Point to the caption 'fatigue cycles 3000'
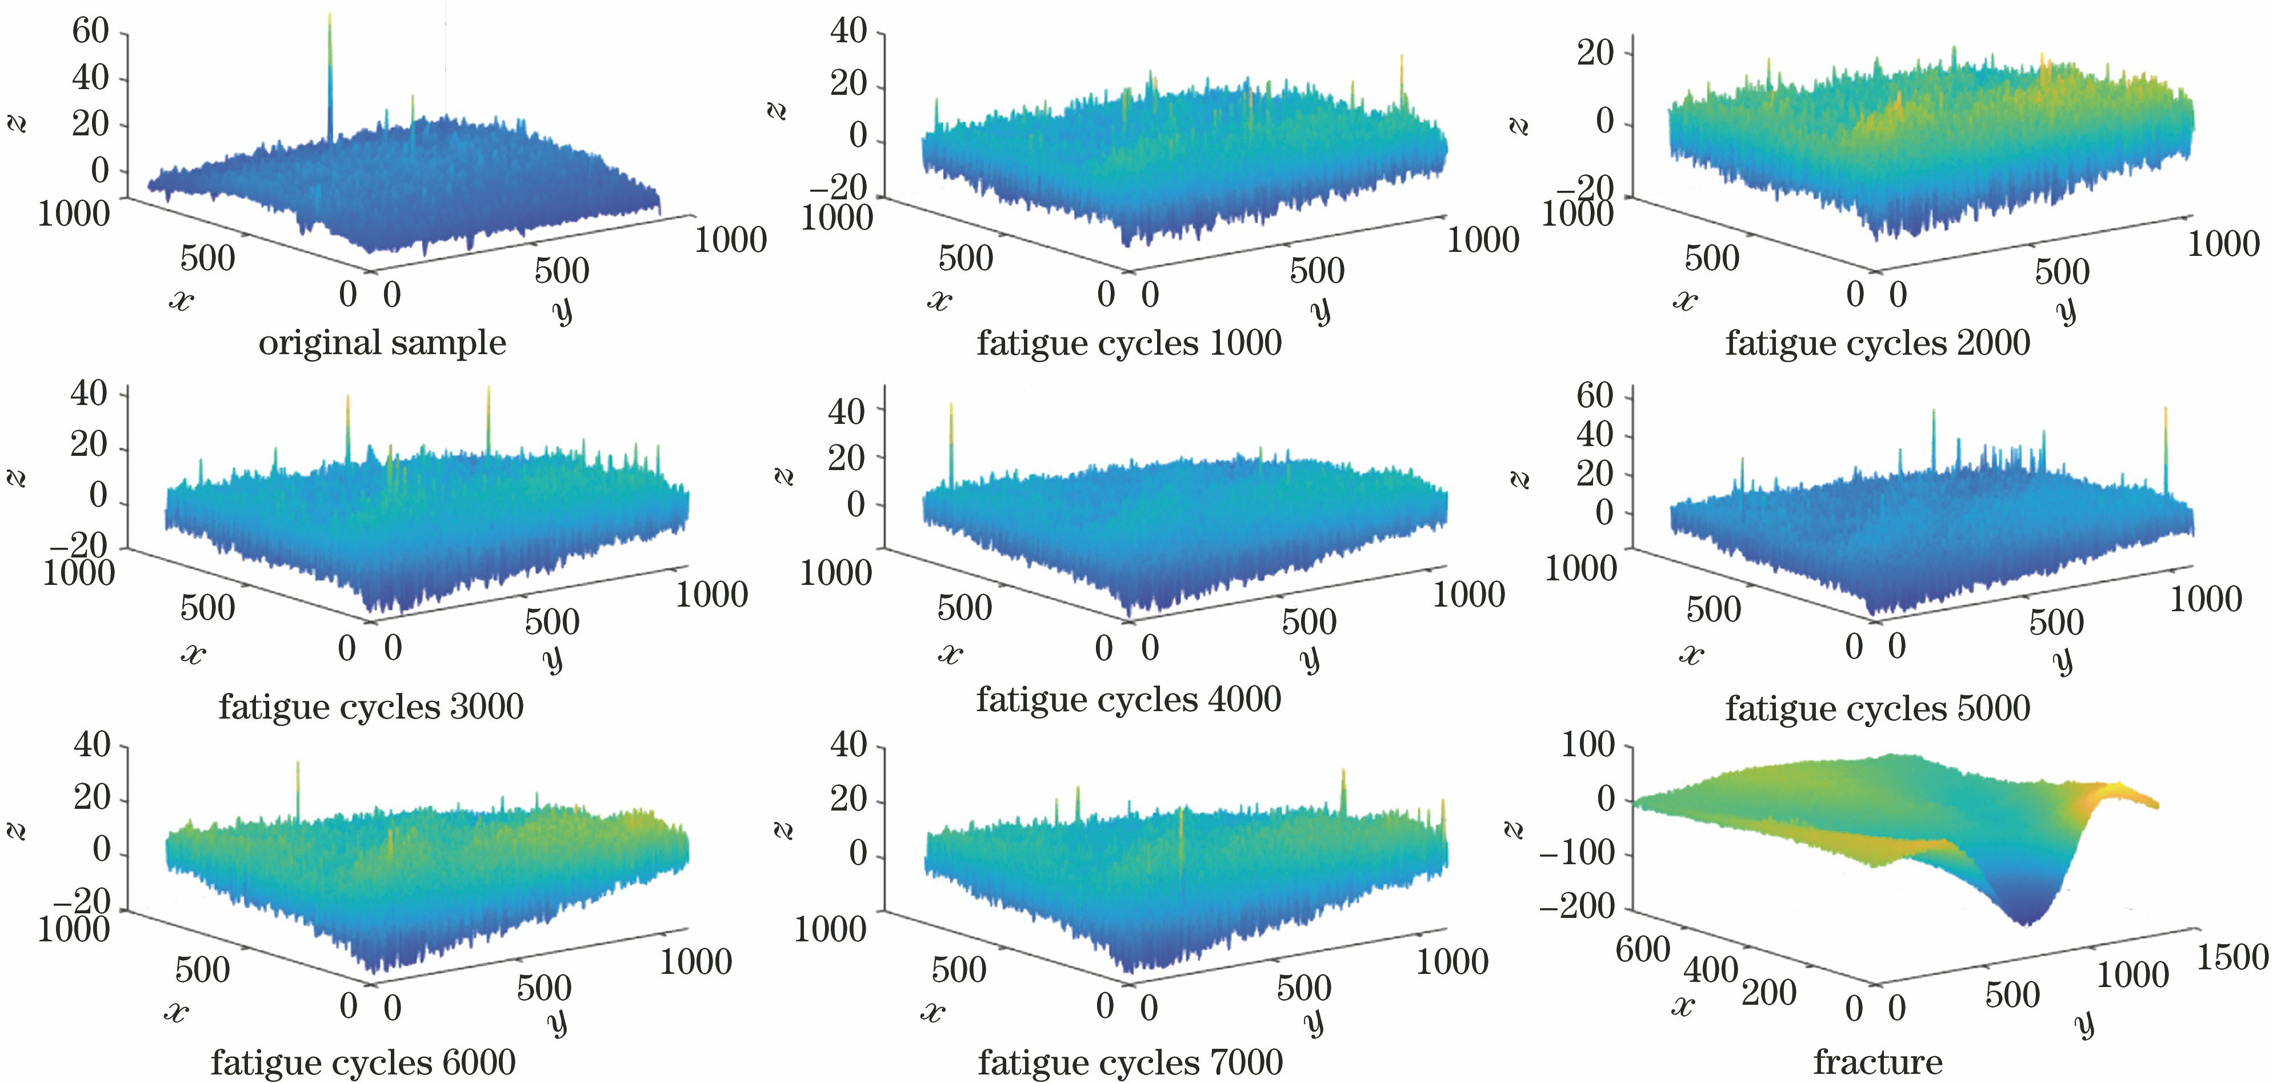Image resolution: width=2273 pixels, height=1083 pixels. (x=371, y=707)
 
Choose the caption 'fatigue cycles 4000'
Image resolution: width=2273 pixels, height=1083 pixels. (x=1129, y=699)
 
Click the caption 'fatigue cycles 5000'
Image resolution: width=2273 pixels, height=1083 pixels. (x=1878, y=707)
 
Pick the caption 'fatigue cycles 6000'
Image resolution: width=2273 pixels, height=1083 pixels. (x=363, y=1062)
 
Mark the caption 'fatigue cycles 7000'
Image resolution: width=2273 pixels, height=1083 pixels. (x=1130, y=1062)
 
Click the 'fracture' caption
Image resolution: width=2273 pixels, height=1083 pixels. (x=1878, y=1062)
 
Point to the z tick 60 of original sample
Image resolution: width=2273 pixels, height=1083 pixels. (x=90, y=32)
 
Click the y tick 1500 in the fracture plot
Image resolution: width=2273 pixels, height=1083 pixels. (x=2231, y=957)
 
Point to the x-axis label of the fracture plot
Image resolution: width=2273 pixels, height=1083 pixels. (x=1683, y=1005)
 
